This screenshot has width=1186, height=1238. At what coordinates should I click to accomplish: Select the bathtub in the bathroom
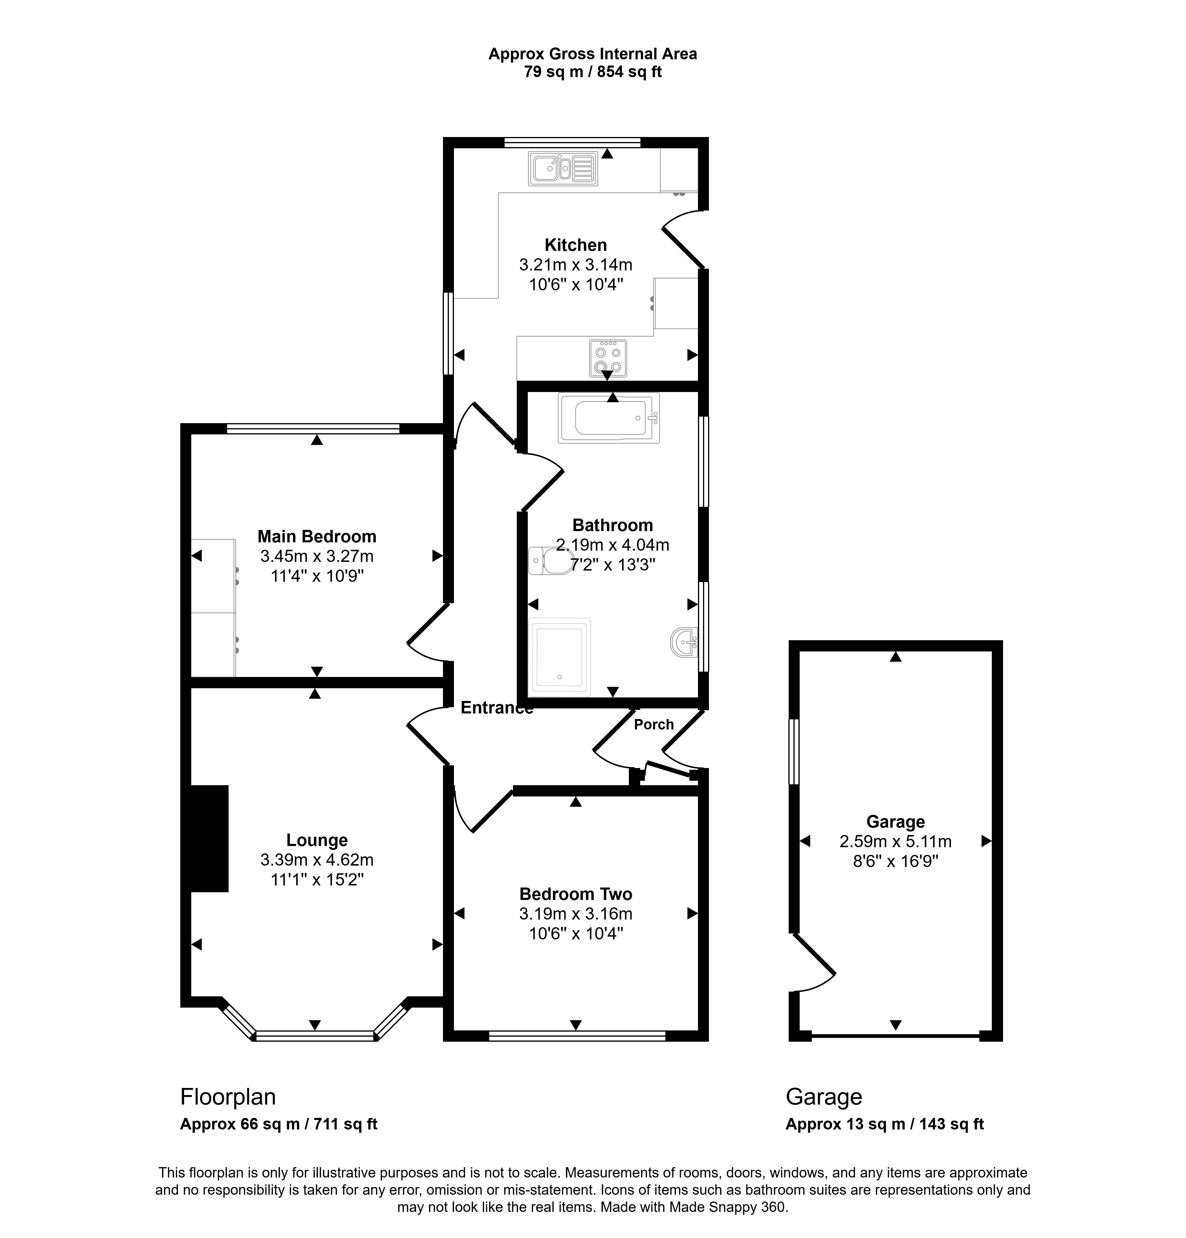pyautogui.click(x=609, y=418)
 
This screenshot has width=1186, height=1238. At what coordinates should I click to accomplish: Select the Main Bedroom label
pyautogui.click(x=317, y=536)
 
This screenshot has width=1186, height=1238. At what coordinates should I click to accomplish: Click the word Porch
pyautogui.click(x=653, y=724)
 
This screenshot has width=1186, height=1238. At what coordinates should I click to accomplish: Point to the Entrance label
pyautogui.click(x=497, y=708)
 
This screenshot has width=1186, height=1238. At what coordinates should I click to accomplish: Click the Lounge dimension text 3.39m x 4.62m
pyautogui.click(x=317, y=860)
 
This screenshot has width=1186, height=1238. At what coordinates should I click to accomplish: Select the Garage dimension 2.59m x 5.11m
pyautogui.click(x=895, y=841)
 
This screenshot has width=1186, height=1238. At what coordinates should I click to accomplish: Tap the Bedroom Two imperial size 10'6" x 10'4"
pyautogui.click(x=576, y=933)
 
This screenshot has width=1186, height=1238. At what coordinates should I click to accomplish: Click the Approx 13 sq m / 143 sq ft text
pyautogui.click(x=885, y=1124)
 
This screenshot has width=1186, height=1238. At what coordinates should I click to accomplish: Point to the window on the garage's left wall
pyautogui.click(x=794, y=752)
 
